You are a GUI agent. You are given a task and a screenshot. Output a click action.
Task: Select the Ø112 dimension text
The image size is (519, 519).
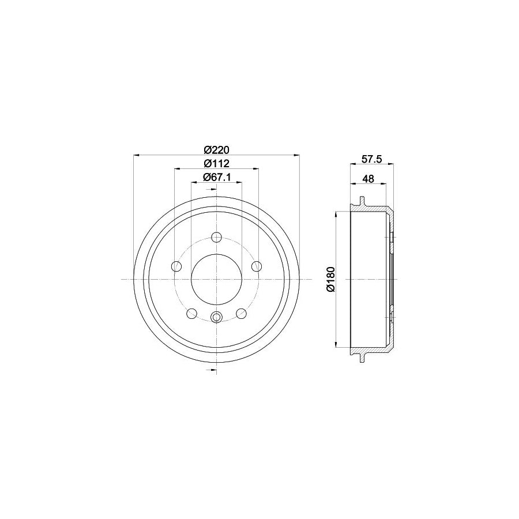click(x=216, y=164)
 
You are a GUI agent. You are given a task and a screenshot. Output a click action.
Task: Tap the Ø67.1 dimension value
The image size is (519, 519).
click(x=216, y=177)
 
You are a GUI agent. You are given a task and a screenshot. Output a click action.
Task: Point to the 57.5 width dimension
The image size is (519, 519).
click(x=371, y=159)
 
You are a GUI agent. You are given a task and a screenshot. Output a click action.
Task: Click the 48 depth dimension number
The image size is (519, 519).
click(x=368, y=179)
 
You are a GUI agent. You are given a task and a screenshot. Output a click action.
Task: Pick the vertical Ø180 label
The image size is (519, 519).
click(x=330, y=280)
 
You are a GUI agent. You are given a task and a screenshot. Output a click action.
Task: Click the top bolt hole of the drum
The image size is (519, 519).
click(x=217, y=237)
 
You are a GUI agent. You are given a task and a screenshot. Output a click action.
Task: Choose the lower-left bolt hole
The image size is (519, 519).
click(x=192, y=313)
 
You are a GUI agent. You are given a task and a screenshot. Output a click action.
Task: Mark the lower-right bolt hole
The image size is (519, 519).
click(x=242, y=313)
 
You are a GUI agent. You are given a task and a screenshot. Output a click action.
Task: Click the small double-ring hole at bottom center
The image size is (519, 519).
click(x=217, y=317)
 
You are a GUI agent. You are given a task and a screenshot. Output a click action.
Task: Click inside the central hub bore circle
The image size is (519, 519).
click(x=217, y=280)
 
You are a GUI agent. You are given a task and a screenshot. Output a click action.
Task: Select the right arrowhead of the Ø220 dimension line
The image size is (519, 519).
click(x=298, y=155)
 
